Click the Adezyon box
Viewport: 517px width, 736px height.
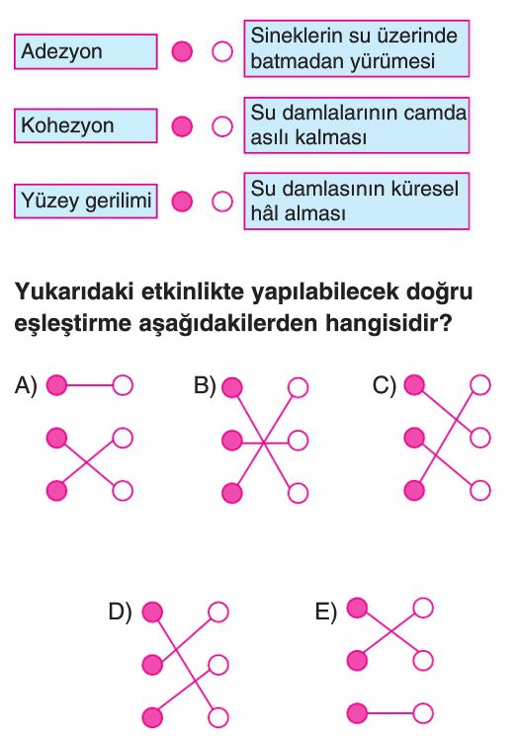pyautogui.click(x=85, y=51)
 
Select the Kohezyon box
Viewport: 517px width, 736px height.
pyautogui.click(x=85, y=125)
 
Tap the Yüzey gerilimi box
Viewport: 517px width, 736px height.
pyautogui.click(x=85, y=202)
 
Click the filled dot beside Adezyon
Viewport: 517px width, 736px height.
pyautogui.click(x=182, y=51)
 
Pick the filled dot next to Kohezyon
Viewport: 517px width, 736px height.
pyautogui.click(x=182, y=126)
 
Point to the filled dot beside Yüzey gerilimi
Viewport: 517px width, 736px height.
pyautogui.click(x=182, y=202)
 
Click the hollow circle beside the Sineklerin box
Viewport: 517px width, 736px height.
pyautogui.click(x=222, y=51)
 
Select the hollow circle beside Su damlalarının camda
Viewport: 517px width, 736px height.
pyautogui.click(x=222, y=126)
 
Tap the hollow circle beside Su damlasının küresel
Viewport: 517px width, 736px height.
pyautogui.click(x=222, y=202)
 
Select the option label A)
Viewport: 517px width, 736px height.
pyautogui.click(x=26, y=385)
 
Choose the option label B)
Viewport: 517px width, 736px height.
pyautogui.click(x=205, y=385)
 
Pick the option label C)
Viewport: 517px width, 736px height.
pyautogui.click(x=385, y=385)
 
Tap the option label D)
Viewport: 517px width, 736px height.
pyautogui.click(x=121, y=612)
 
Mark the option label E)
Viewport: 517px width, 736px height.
pyautogui.click(x=326, y=613)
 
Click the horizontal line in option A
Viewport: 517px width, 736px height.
pyautogui.click(x=90, y=385)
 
